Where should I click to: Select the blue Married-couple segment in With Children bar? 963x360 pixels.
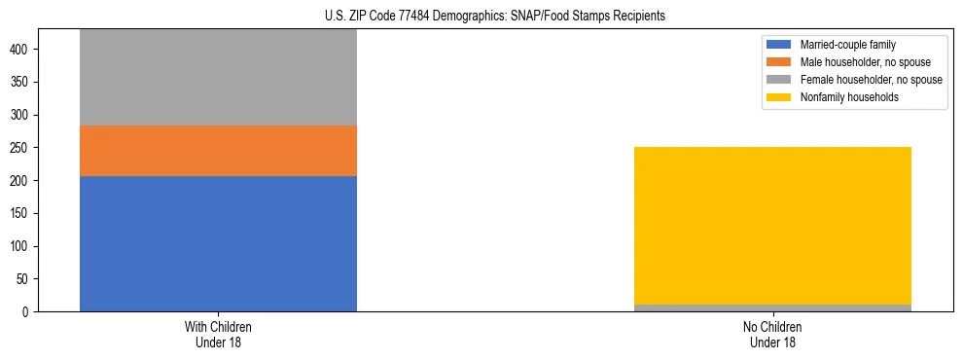pyautogui.click(x=218, y=243)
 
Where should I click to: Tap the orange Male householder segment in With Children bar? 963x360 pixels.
pyautogui.click(x=218, y=151)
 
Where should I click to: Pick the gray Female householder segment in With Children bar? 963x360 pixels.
pyautogui.click(x=218, y=78)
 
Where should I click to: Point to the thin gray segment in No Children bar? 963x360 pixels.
pyautogui.click(x=772, y=307)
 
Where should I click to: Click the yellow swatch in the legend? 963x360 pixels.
pyautogui.click(x=779, y=97)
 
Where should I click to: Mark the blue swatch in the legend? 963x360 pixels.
pyautogui.click(x=779, y=45)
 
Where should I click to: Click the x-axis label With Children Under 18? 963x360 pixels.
pyautogui.click(x=218, y=334)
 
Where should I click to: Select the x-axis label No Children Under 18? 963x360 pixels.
pyautogui.click(x=772, y=334)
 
